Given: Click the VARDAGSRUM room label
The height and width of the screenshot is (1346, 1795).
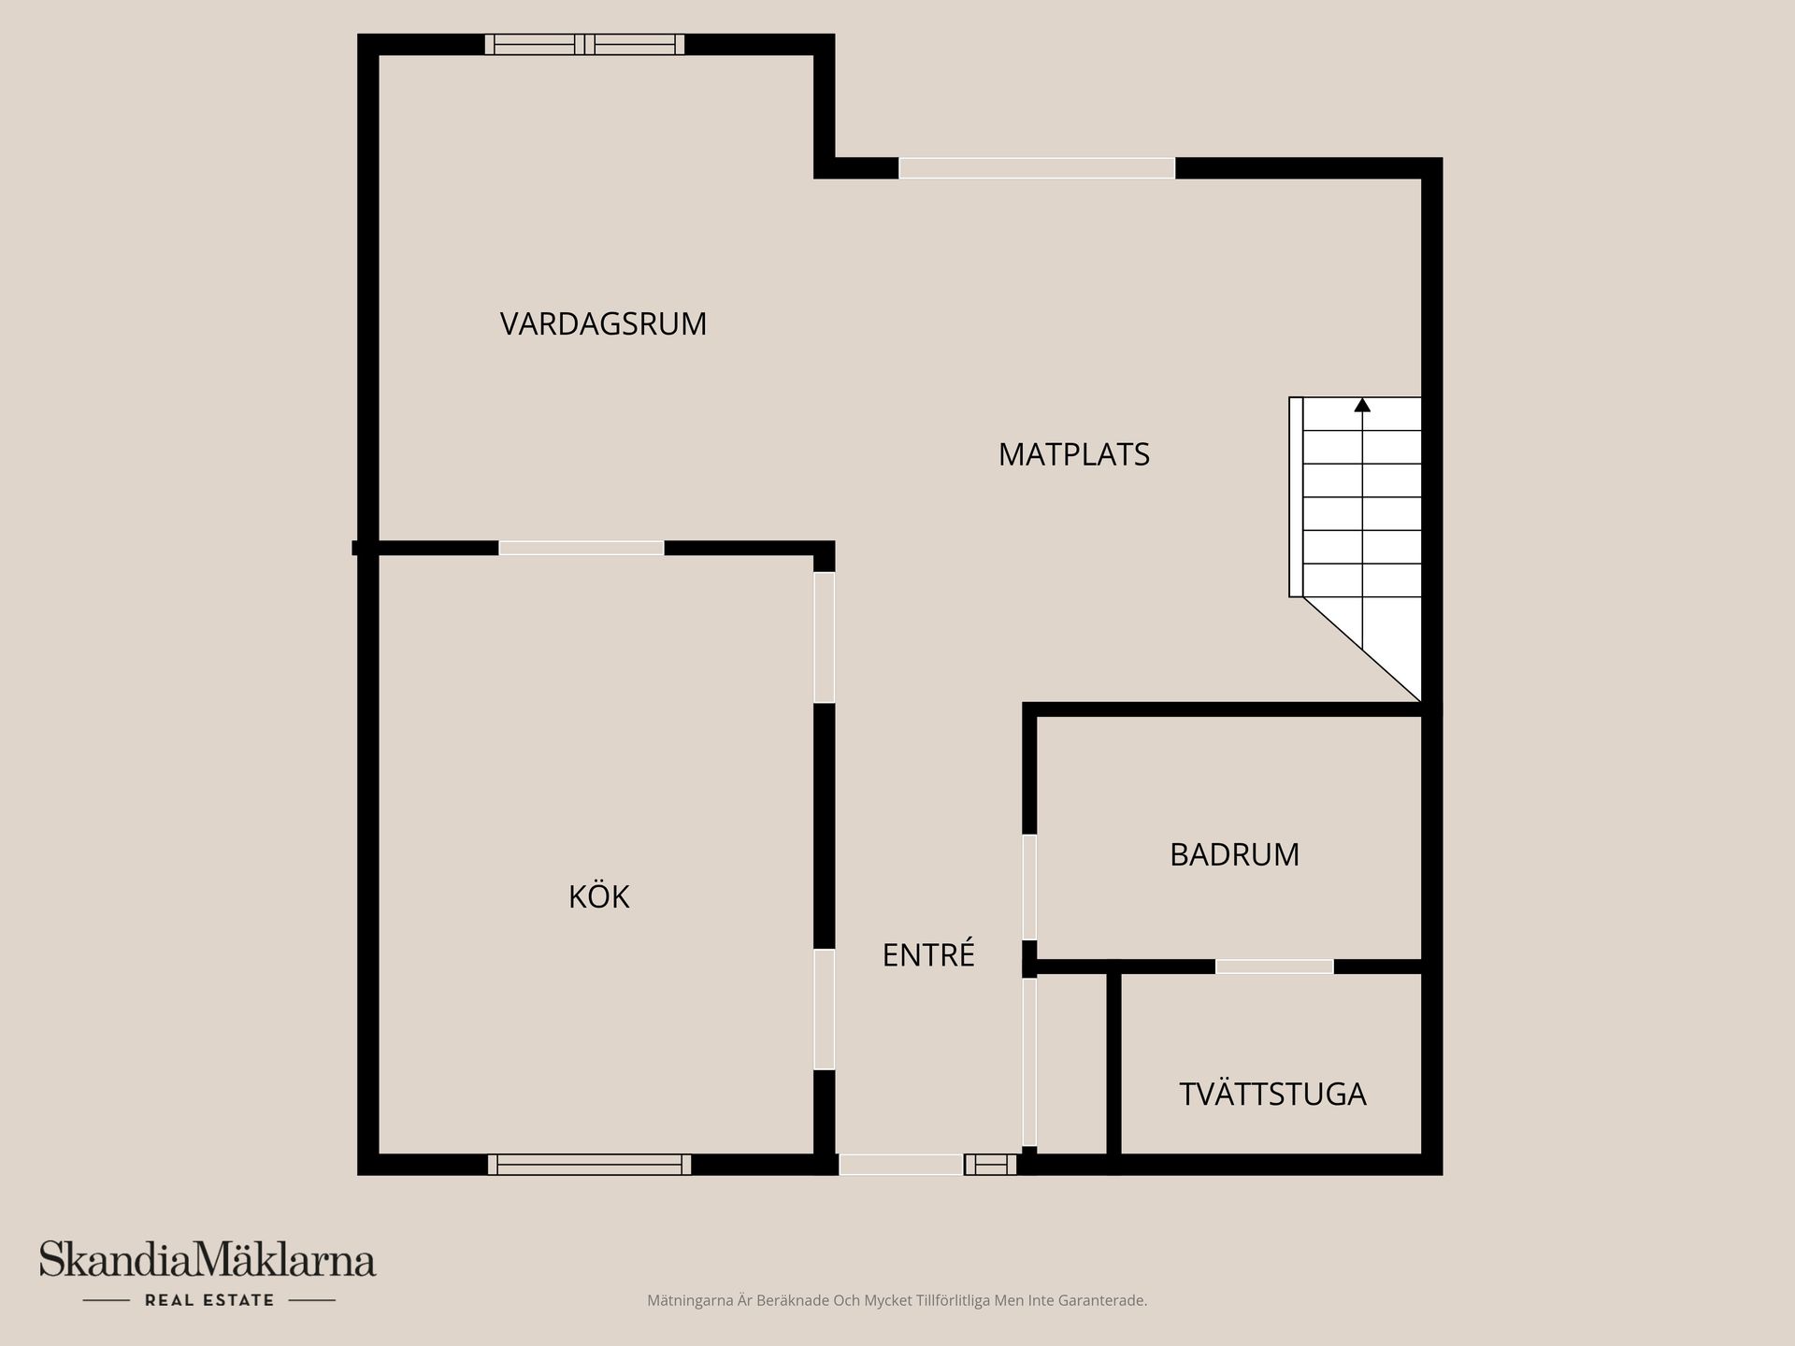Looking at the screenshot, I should pyautogui.click(x=603, y=324).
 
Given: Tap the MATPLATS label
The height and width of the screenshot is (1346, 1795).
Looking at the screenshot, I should pyautogui.click(x=1073, y=455).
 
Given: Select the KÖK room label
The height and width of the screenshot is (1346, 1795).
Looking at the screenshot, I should pyautogui.click(x=598, y=897).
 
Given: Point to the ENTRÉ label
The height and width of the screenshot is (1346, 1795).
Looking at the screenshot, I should pyautogui.click(x=928, y=955).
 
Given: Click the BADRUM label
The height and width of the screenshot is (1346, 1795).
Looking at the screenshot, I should pyautogui.click(x=1234, y=855).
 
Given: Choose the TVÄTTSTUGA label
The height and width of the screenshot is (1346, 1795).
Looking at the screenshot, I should pyautogui.click(x=1272, y=1095).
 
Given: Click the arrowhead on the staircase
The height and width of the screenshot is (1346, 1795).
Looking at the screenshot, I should pyautogui.click(x=1362, y=406).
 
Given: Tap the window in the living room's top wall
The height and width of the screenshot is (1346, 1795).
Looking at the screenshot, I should pyautogui.click(x=584, y=44).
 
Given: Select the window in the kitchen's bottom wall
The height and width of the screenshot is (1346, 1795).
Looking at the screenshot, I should pyautogui.click(x=589, y=1165).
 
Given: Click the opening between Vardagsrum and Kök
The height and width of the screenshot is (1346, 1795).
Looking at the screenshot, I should pyautogui.click(x=581, y=548).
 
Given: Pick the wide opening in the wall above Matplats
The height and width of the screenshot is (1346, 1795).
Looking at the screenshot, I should pyautogui.click(x=1036, y=168).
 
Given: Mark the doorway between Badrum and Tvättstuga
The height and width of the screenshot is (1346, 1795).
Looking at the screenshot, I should pyautogui.click(x=1274, y=967).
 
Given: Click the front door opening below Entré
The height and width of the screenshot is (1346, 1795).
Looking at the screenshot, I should pyautogui.click(x=900, y=1165).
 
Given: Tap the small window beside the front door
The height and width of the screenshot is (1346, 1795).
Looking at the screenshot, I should pyautogui.click(x=990, y=1165).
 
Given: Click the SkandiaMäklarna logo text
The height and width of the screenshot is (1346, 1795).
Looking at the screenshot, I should pyautogui.click(x=208, y=1261).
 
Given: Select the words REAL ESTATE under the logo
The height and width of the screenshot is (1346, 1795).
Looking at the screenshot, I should pyautogui.click(x=209, y=1300).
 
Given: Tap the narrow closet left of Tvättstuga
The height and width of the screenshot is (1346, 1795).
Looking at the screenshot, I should pyautogui.click(x=1071, y=1066).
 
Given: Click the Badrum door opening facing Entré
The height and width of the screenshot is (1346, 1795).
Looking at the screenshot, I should pyautogui.click(x=1029, y=886).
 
